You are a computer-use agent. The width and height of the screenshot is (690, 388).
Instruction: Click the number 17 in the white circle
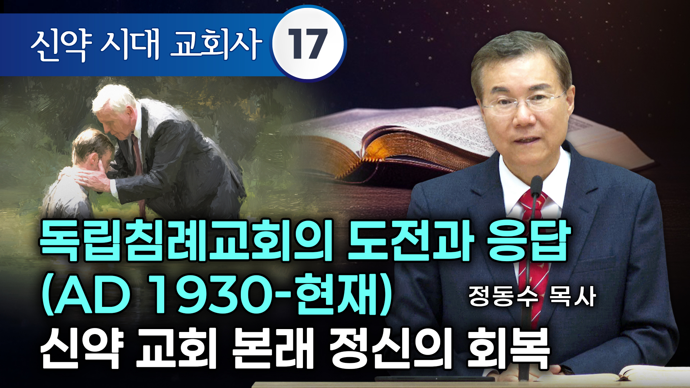click(x=308, y=44)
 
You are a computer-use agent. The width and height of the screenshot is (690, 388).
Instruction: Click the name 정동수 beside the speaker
click(x=503, y=297)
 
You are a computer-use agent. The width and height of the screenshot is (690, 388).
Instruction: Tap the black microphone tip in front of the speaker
click(x=536, y=181)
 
